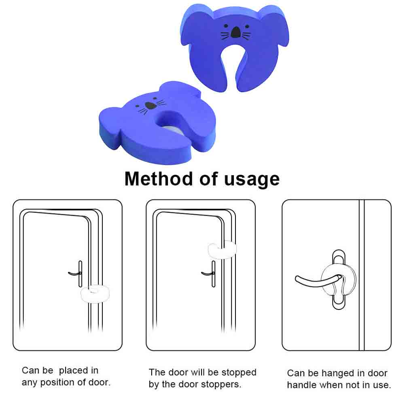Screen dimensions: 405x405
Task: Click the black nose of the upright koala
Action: (x=235, y=32)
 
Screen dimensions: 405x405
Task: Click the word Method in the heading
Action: (x=159, y=179)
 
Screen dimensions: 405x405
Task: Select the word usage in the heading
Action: (x=252, y=180)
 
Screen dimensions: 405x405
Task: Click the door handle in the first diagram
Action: (x=76, y=274)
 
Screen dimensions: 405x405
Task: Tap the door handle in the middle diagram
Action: (x=210, y=274)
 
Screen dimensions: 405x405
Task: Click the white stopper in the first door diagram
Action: (x=95, y=294)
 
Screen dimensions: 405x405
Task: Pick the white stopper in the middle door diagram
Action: (x=222, y=250)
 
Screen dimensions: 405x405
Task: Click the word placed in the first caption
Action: (x=73, y=371)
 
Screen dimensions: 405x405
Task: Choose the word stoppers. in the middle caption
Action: (x=221, y=385)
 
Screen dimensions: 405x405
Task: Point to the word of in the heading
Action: (x=208, y=179)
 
